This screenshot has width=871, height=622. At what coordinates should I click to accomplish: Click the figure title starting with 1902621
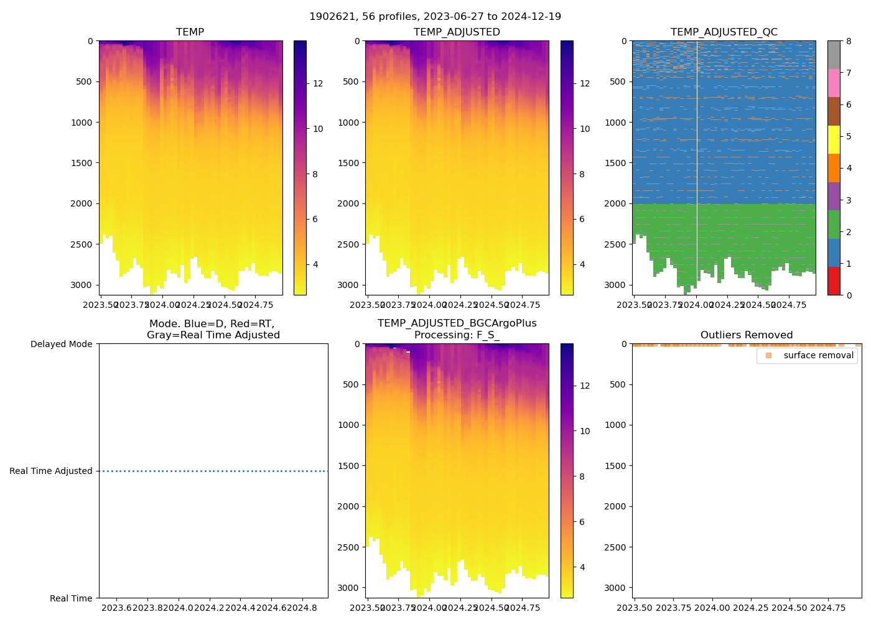[435, 17]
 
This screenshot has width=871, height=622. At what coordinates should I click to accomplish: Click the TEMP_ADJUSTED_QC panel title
[724, 32]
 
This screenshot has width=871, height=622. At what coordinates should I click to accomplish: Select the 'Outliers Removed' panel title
[746, 335]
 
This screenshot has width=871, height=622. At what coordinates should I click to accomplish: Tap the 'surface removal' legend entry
[818, 355]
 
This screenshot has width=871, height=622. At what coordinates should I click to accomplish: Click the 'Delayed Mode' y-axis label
[61, 344]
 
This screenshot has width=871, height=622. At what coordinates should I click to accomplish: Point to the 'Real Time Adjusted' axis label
[51, 471]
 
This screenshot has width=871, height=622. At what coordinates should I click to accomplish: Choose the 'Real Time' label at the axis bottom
[71, 598]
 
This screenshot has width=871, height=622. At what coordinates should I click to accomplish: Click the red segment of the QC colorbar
[834, 281]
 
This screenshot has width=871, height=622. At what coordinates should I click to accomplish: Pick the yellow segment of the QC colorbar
[834, 139]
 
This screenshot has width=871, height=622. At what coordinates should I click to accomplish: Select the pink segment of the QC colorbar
[834, 83]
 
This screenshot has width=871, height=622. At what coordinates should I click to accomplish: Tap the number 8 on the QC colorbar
[849, 41]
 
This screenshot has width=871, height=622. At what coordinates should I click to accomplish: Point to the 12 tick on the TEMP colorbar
[318, 84]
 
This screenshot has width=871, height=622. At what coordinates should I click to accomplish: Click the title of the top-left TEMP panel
[190, 32]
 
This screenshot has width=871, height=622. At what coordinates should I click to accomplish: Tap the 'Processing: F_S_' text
[457, 335]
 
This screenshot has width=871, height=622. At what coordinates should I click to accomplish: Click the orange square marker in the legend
[768, 355]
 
